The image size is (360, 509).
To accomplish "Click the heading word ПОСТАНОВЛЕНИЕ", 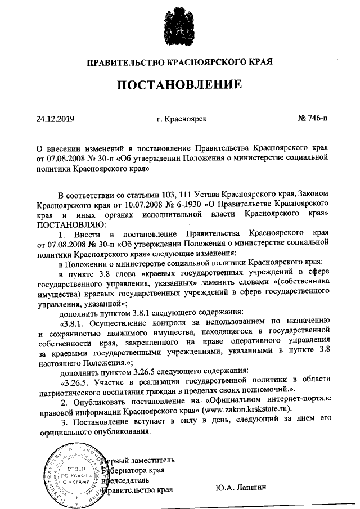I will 180,86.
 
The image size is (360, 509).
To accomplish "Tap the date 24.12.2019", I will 55,119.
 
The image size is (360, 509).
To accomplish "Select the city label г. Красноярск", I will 181,119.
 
